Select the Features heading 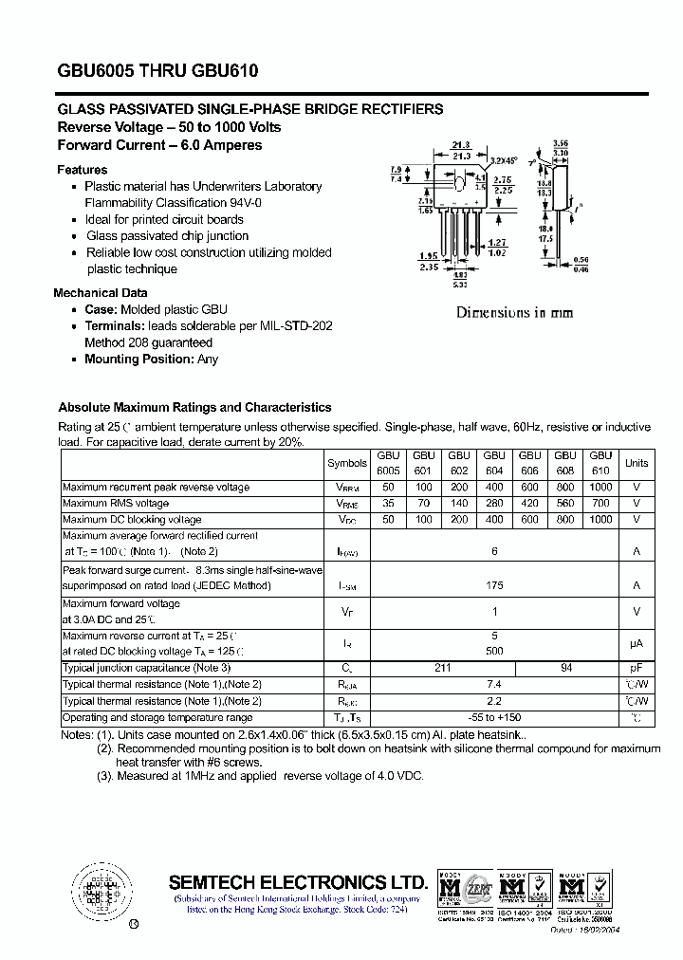click(x=82, y=170)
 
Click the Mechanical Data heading click(x=100, y=293)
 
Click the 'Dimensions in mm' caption click(x=514, y=312)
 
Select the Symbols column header click(x=346, y=463)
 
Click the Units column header click(x=637, y=463)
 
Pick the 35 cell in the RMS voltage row click(x=388, y=504)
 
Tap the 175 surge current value click(x=493, y=586)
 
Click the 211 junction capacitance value click(x=442, y=668)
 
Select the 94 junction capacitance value click(x=566, y=668)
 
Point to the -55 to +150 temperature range click(x=493, y=718)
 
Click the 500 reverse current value click(x=493, y=652)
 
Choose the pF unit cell click(x=637, y=668)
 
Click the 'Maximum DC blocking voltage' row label click(x=132, y=520)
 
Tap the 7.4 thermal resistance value click(x=493, y=684)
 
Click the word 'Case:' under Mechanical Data click(x=101, y=309)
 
